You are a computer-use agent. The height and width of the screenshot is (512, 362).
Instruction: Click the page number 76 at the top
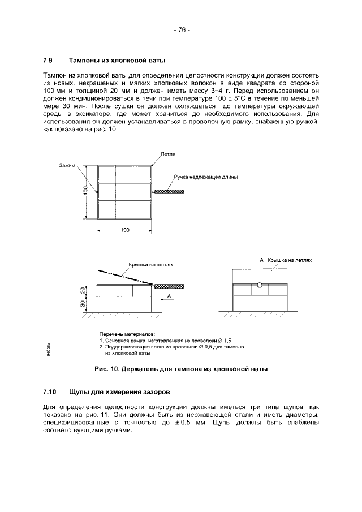click(x=182, y=30)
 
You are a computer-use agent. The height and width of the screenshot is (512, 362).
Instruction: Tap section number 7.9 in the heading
click(x=48, y=60)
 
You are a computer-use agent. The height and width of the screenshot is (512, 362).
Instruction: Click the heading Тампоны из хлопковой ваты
click(x=117, y=60)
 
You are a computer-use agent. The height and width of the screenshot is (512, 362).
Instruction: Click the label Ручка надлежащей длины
click(x=205, y=177)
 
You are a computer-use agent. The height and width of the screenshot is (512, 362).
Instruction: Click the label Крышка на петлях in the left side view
click(x=150, y=264)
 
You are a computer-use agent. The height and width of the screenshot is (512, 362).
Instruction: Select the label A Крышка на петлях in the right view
click(x=286, y=260)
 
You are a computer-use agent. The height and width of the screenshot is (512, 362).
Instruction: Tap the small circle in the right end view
click(x=260, y=285)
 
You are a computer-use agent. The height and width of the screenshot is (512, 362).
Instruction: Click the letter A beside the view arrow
click(x=169, y=296)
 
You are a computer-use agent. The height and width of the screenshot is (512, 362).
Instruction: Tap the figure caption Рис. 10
click(x=180, y=369)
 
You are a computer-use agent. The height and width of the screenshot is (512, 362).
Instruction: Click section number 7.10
click(x=49, y=392)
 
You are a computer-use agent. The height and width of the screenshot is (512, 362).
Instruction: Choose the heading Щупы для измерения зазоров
click(x=119, y=392)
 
